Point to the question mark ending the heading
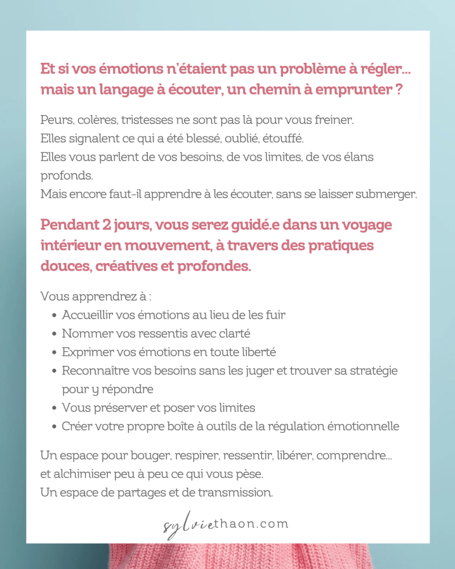[399, 89]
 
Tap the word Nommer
[82, 334]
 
